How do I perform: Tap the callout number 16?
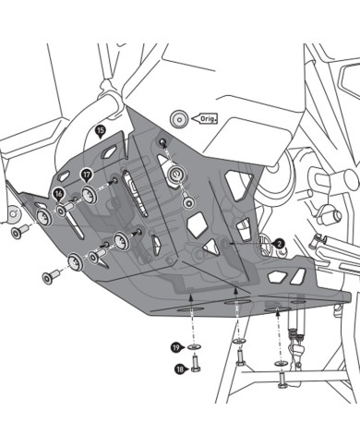pos(58,193)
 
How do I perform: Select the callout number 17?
pos(86,173)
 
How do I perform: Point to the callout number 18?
pos(177,369)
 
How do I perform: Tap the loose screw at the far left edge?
pos(18,230)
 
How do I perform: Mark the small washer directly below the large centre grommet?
pos(188,201)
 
